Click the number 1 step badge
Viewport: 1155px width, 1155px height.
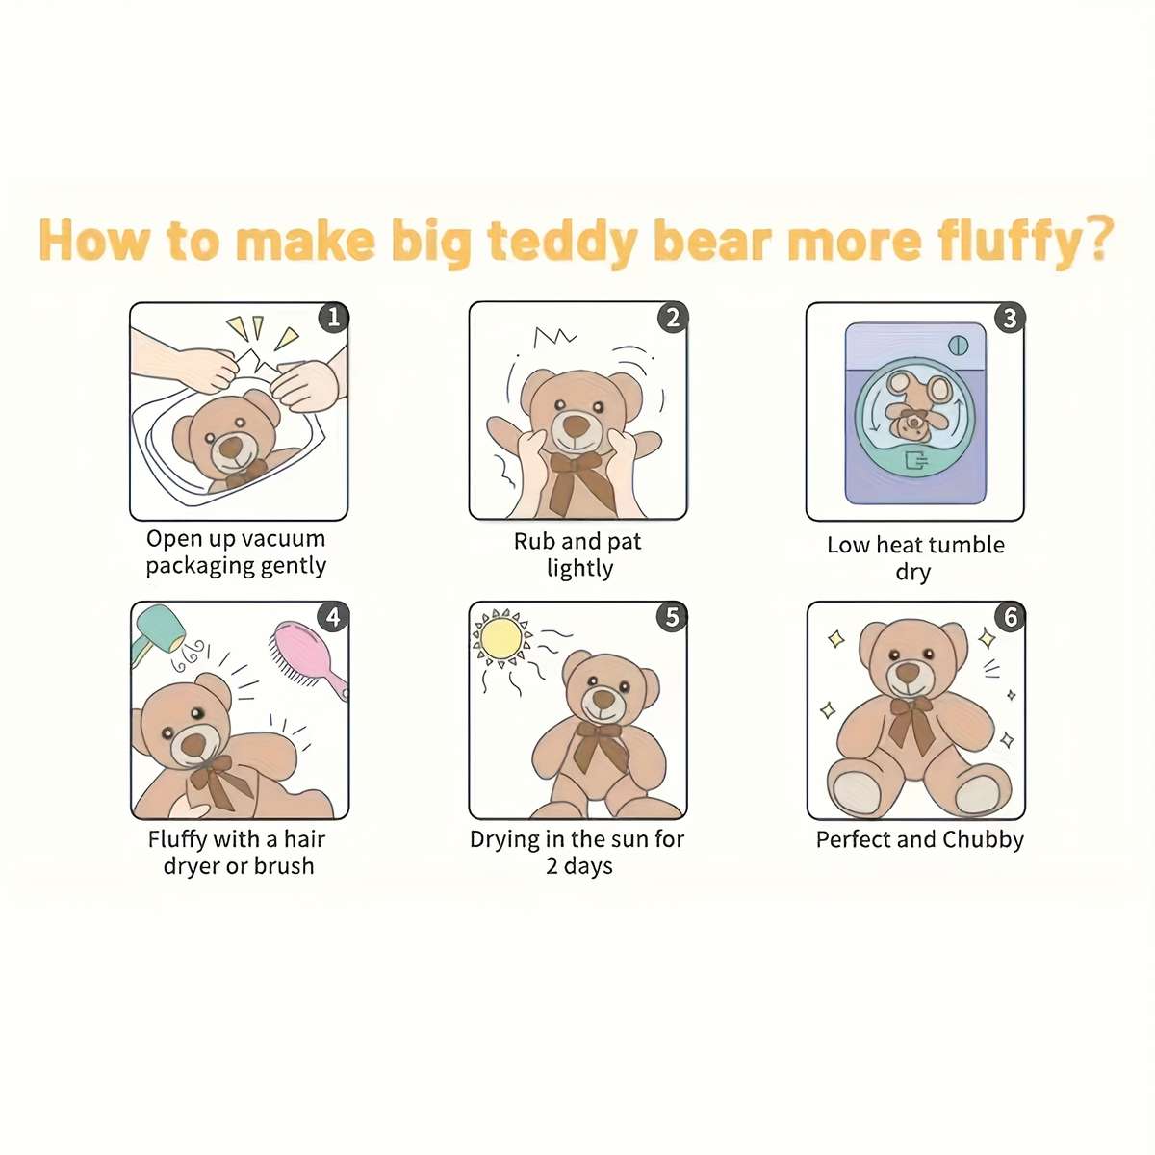(x=333, y=317)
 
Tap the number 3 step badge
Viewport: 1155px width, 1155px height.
(x=1010, y=318)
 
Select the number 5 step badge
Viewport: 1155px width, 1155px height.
(x=673, y=616)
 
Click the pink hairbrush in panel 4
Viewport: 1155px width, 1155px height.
(x=308, y=656)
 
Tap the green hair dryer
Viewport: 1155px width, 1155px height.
(x=157, y=631)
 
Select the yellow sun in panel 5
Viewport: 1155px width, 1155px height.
(x=501, y=637)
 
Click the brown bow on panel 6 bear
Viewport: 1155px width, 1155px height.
(x=910, y=722)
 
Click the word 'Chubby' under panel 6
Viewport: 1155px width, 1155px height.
(x=983, y=840)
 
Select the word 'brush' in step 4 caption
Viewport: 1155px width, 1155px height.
(x=283, y=866)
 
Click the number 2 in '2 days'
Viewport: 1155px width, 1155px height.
(x=552, y=866)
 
